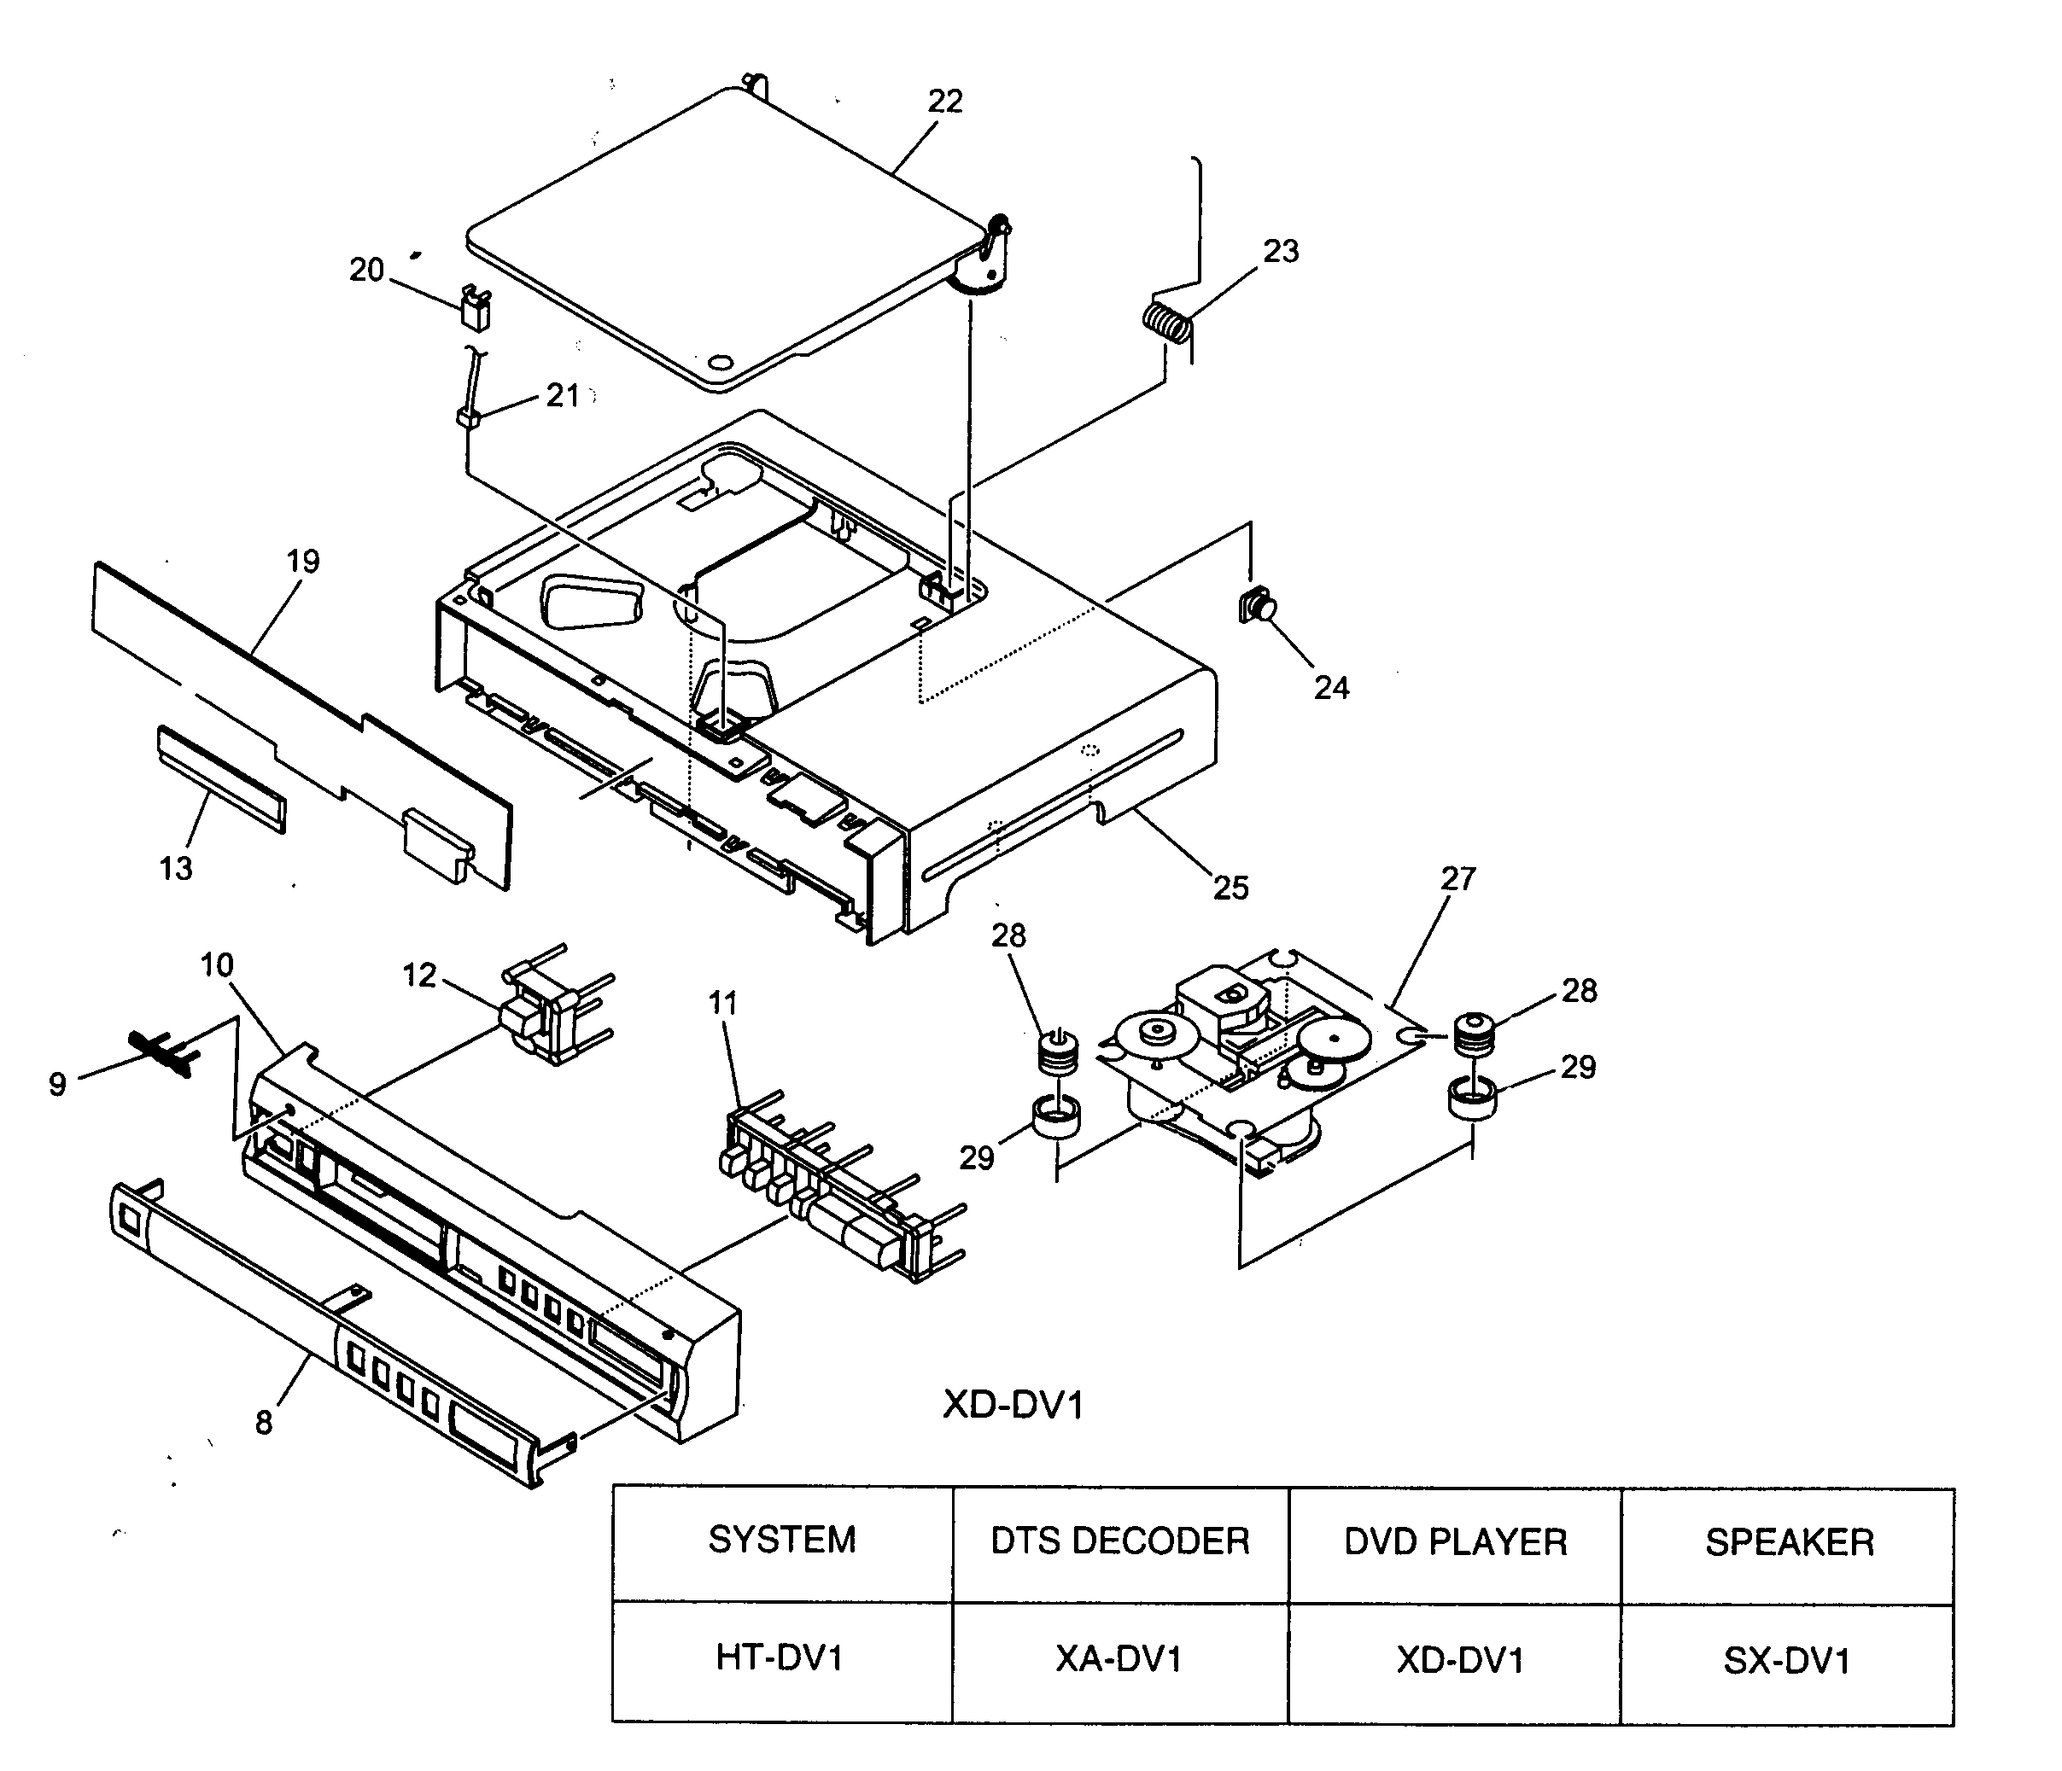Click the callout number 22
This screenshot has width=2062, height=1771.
click(x=944, y=102)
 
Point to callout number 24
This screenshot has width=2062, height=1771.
click(x=1330, y=688)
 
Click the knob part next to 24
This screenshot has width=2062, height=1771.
click(x=1256, y=605)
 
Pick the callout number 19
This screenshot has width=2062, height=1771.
click(x=303, y=561)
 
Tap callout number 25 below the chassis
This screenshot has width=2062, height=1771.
click(x=1230, y=888)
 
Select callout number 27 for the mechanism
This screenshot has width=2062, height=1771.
click(x=1458, y=878)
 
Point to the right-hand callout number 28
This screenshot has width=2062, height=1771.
click(x=1580, y=990)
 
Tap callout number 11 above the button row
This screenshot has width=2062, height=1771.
click(x=722, y=1003)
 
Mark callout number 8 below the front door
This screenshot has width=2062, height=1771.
click(x=263, y=1423)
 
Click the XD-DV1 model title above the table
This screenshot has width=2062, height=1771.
click(x=1013, y=1405)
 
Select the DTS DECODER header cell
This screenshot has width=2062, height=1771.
click(x=1119, y=1541)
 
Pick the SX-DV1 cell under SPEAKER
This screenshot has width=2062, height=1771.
click(x=1786, y=1661)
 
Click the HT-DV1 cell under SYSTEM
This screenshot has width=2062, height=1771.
click(x=780, y=1657)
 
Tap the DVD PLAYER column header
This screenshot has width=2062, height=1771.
click(x=1455, y=1542)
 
